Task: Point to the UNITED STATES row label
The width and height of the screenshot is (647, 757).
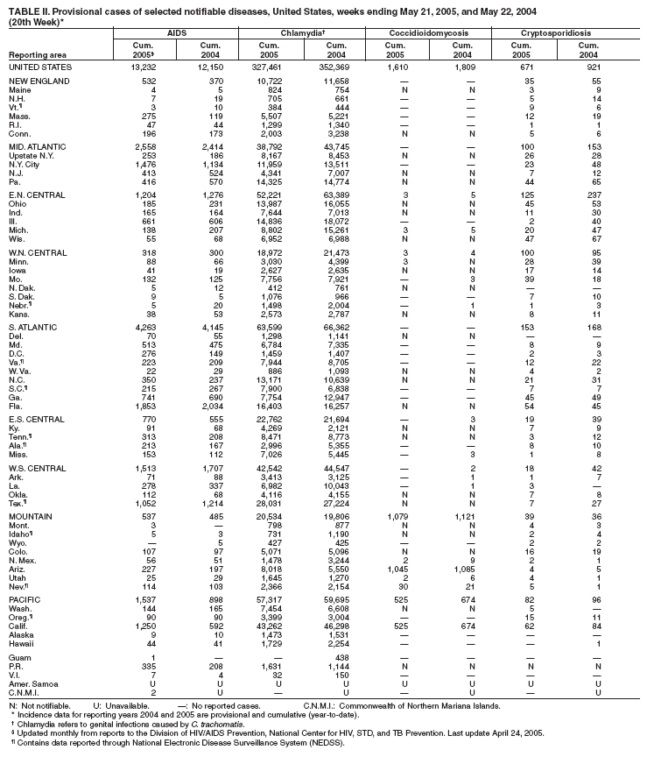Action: point(39,67)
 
